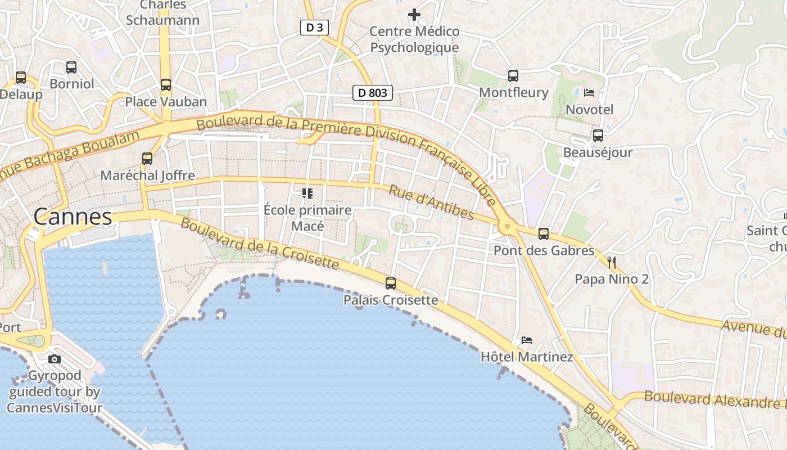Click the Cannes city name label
(73, 217)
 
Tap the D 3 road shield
(314, 28)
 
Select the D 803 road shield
(373, 93)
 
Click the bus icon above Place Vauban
(166, 85)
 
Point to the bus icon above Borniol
(71, 67)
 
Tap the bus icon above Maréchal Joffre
(147, 159)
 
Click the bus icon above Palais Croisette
(391, 283)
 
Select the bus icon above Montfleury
(513, 76)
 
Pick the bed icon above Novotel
(589, 93)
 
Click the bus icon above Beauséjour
(598, 136)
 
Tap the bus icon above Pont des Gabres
(544, 234)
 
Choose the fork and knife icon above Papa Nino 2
(612, 262)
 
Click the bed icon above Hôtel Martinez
(527, 340)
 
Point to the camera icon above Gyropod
(55, 359)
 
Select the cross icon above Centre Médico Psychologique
(414, 15)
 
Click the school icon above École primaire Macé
(307, 193)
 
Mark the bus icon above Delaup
(21, 78)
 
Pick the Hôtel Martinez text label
(527, 357)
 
